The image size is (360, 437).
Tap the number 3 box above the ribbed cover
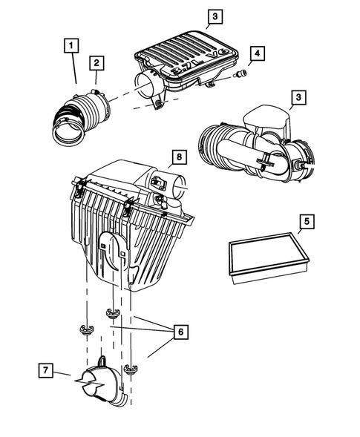213,16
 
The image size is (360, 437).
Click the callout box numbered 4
256,53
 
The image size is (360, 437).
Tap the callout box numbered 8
178,157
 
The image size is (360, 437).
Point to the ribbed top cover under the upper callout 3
189,59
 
